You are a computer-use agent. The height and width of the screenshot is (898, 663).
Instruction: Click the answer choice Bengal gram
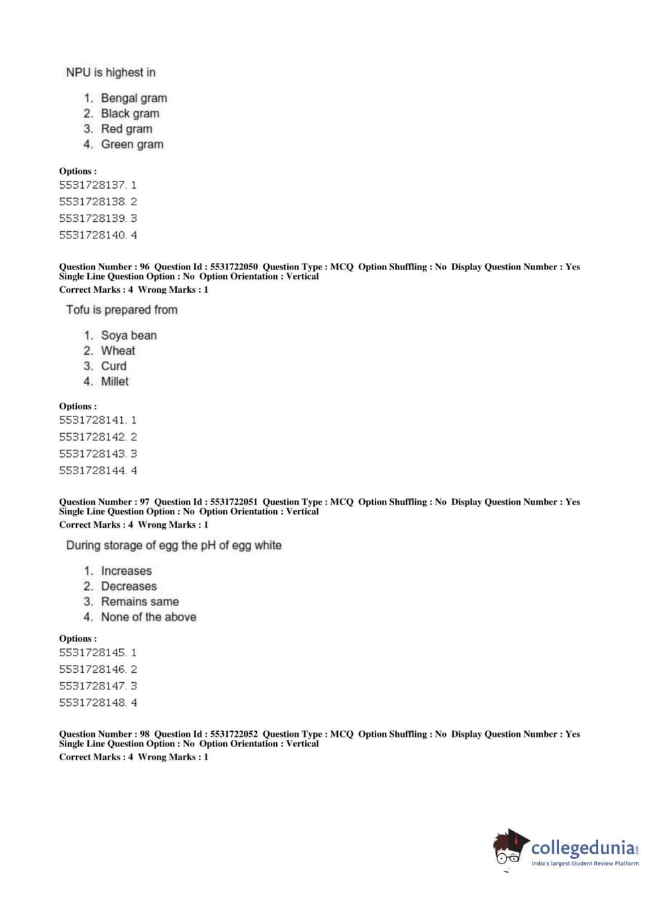[x=133, y=98]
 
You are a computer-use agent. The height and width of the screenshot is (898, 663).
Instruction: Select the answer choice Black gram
[x=130, y=113]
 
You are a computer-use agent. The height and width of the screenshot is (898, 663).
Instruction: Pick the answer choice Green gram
[x=132, y=144]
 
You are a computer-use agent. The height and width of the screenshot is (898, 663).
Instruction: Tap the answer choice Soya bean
[x=128, y=335]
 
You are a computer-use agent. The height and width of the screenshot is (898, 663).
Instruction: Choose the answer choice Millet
[x=115, y=381]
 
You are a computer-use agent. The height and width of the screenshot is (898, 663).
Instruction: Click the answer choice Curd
[x=113, y=366]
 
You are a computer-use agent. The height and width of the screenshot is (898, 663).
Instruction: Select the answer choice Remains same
[x=140, y=601]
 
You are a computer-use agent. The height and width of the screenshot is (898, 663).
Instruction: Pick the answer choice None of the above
[x=148, y=617]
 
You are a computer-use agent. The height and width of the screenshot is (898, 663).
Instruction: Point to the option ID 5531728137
[x=92, y=185]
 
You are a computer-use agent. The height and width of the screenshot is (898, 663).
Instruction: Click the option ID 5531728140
[x=92, y=235]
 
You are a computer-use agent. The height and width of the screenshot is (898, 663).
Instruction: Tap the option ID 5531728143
[x=92, y=454]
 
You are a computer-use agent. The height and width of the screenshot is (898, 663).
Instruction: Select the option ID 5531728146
[x=92, y=670]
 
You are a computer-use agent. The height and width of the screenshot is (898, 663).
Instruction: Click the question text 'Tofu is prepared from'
[x=122, y=310]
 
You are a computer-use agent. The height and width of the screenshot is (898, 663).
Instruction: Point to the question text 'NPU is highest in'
[x=111, y=72]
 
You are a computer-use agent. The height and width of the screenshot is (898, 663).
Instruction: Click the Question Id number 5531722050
[x=234, y=267]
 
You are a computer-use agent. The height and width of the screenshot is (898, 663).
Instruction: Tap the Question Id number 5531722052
[x=234, y=734]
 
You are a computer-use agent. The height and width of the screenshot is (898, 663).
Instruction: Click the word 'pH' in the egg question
[x=208, y=546]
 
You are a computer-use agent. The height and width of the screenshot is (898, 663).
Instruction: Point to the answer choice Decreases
[x=128, y=586]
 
